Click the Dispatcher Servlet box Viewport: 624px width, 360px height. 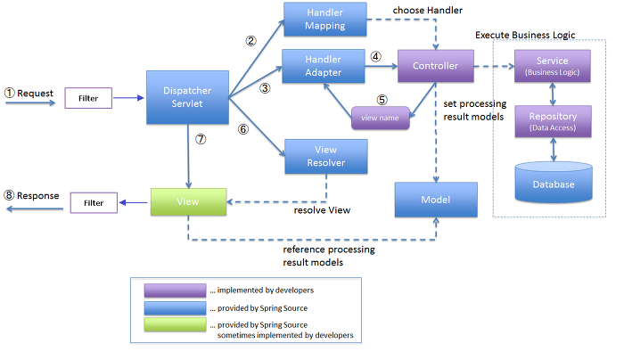pyautogui.click(x=188, y=98)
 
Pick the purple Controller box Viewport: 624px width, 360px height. pyautogui.click(x=435, y=66)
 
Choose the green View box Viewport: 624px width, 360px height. pyautogui.click(x=188, y=202)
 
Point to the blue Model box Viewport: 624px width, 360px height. pyautogui.click(x=435, y=200)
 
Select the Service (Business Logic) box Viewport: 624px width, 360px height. pyautogui.click(x=553, y=67)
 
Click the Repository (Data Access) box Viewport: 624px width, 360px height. pyautogui.click(x=553, y=121)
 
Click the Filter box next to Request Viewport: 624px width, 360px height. pyautogui.click(x=88, y=97)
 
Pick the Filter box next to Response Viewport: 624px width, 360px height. pyautogui.click(x=93, y=202)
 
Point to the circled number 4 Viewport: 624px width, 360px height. pyautogui.click(x=375, y=56)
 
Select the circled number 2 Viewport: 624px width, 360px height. pyautogui.click(x=251, y=41)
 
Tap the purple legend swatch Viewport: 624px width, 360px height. pyautogui.click(x=175, y=290)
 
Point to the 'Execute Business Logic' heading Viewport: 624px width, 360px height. pyautogui.click(x=526, y=34)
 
